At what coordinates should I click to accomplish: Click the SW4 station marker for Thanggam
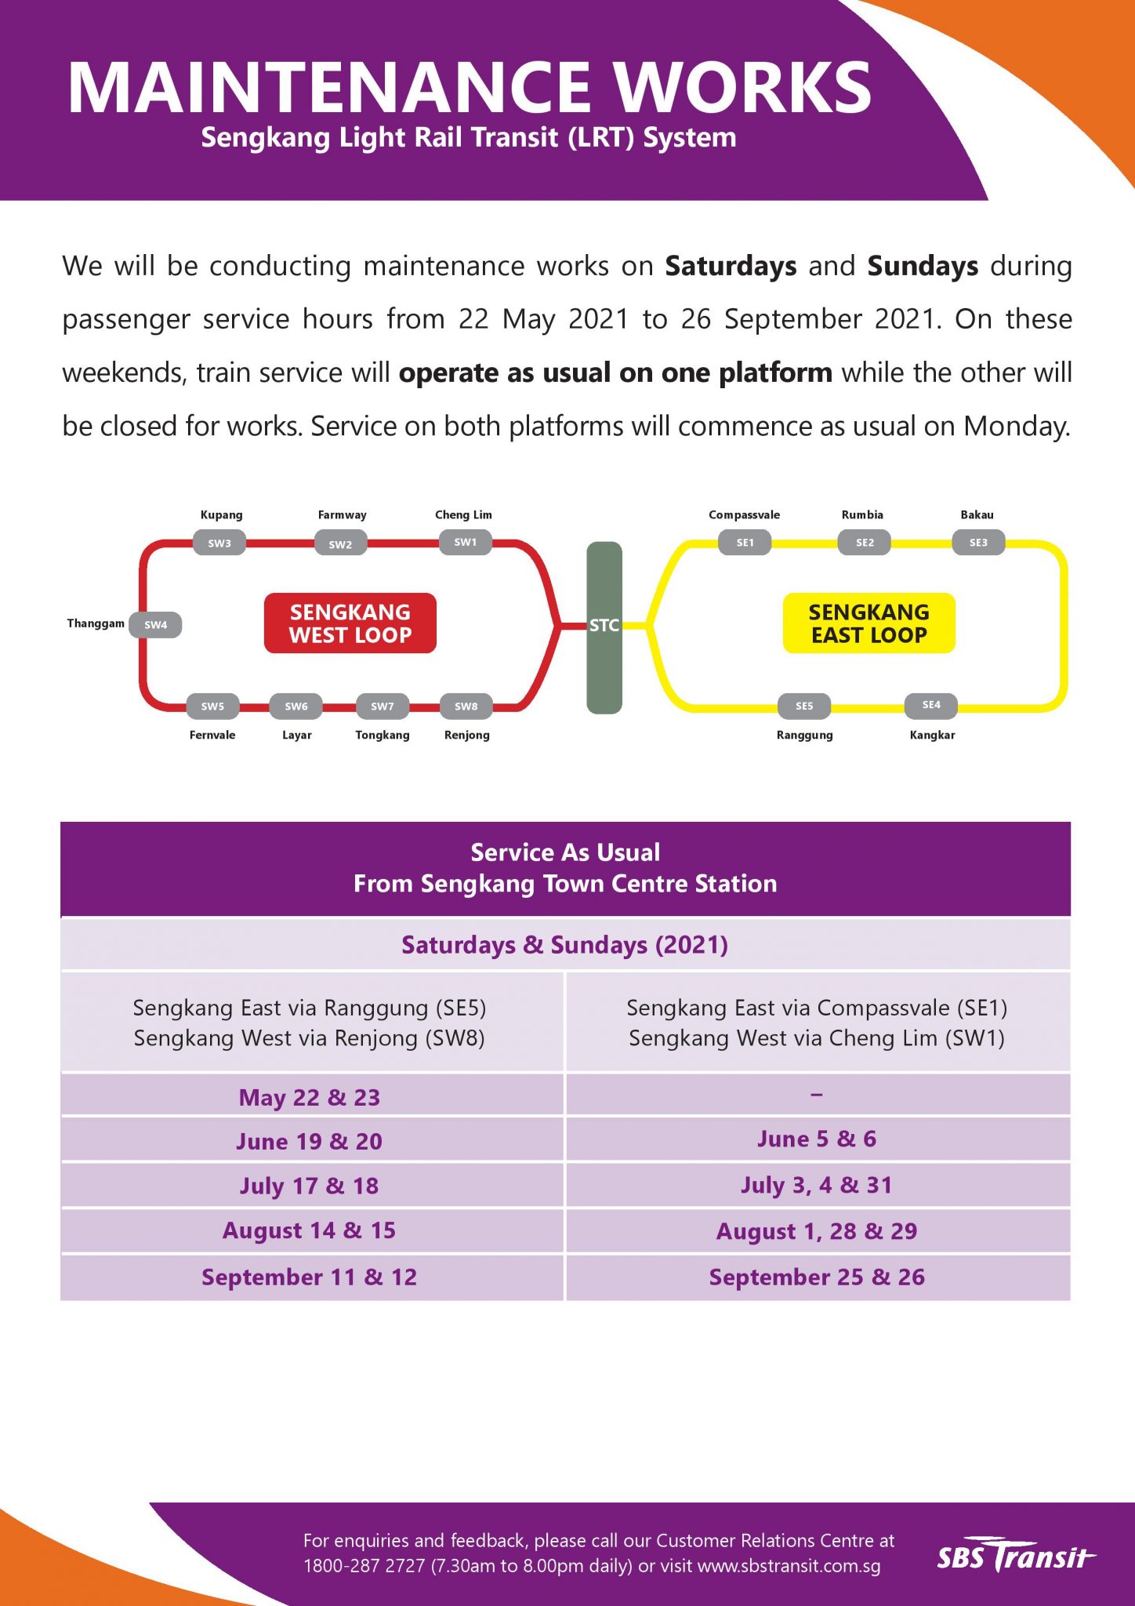(155, 625)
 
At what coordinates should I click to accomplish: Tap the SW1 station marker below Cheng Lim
(465, 542)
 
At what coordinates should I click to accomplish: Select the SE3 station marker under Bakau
(978, 543)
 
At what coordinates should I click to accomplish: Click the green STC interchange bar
(604, 627)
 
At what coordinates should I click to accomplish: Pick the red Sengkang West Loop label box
(350, 623)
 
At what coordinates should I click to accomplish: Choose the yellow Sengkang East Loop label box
(868, 623)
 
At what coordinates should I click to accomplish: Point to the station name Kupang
(221, 515)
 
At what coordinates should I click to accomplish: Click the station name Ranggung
(804, 736)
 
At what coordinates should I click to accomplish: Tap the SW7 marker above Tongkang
(382, 707)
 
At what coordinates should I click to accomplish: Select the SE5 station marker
(804, 706)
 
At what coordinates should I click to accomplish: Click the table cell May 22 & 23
(310, 1097)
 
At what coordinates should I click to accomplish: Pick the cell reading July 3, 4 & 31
(817, 1185)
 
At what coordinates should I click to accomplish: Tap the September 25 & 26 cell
(817, 1277)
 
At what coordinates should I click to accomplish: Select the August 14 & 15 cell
(310, 1230)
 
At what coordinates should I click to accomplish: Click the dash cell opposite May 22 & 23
(817, 1095)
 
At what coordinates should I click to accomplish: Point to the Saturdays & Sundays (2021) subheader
(565, 945)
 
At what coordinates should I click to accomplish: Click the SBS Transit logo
(1015, 1556)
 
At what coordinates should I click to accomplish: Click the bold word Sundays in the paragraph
(923, 267)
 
